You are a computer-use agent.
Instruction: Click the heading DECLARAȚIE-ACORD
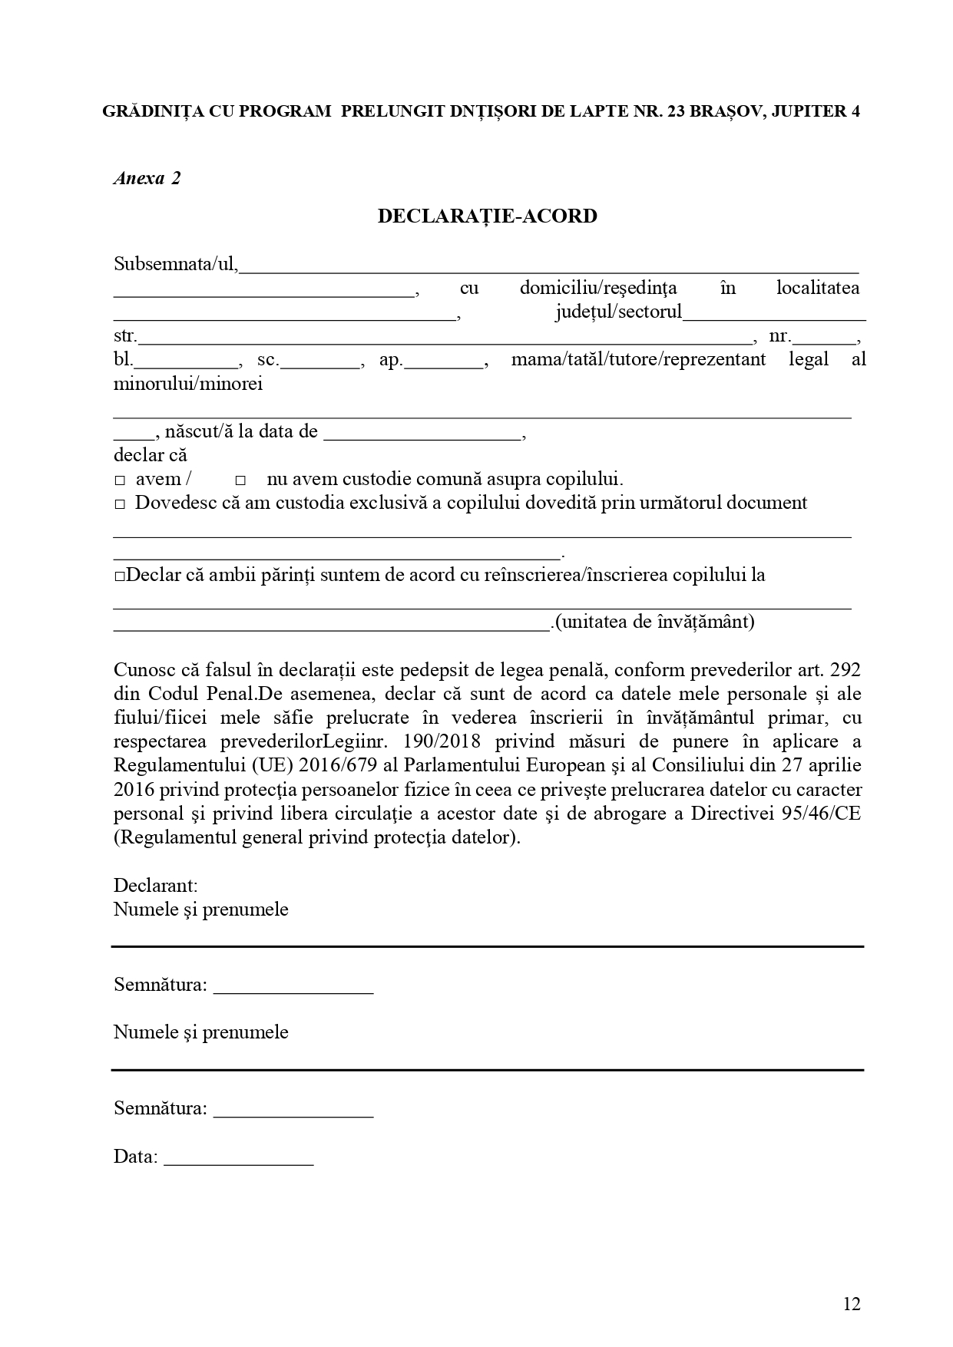tap(487, 216)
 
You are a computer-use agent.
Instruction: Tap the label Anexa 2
tap(147, 179)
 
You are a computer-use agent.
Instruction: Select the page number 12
tap(852, 1304)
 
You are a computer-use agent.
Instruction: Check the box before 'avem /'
tap(120, 480)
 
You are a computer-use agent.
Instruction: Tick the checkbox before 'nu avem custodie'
tap(240, 480)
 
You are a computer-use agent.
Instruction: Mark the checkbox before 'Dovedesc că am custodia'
tap(120, 504)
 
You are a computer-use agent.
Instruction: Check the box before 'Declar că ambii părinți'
tap(119, 576)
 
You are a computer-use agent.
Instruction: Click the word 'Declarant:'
tap(156, 886)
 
